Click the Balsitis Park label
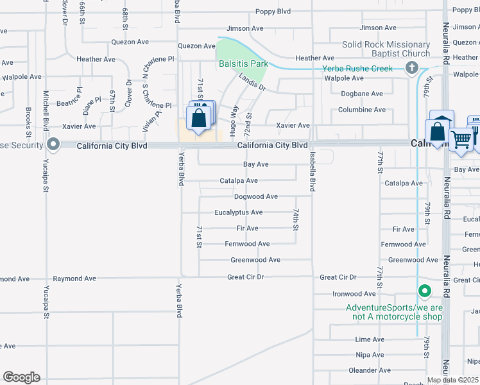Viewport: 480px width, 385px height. point(243,64)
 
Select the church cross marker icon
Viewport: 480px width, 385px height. point(412,69)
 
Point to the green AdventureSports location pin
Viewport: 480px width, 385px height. point(424,292)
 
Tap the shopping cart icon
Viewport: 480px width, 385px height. point(461,139)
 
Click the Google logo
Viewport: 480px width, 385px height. point(21,377)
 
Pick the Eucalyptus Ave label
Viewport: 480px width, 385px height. point(239,212)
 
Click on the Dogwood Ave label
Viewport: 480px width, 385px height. point(256,196)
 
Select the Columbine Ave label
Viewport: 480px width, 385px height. point(362,110)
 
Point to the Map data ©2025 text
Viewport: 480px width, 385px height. point(452,380)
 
